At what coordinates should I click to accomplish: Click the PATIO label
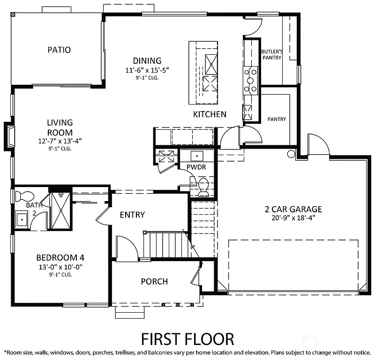click(x=59, y=50)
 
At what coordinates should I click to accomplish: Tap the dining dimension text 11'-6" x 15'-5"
click(x=147, y=70)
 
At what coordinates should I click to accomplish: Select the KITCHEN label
click(x=210, y=114)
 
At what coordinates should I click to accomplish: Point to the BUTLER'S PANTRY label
click(x=271, y=54)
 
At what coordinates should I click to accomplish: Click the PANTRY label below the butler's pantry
click(x=277, y=119)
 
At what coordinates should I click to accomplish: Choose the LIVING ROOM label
click(x=60, y=127)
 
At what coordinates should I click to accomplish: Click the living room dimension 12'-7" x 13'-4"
click(x=60, y=141)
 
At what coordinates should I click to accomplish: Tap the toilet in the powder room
click(x=203, y=187)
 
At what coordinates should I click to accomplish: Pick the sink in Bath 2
click(x=22, y=219)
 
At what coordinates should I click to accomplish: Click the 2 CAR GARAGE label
click(x=292, y=209)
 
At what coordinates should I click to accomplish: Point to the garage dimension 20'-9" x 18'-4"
click(x=292, y=217)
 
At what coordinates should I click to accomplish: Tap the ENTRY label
click(x=132, y=215)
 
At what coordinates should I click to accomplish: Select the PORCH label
click(x=154, y=281)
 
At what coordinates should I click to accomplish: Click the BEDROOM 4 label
click(x=60, y=257)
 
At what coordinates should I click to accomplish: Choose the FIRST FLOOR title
click(x=187, y=338)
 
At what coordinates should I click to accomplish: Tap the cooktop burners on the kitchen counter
click(x=251, y=80)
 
